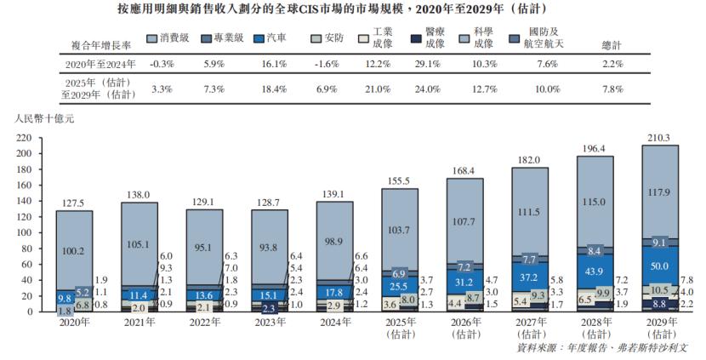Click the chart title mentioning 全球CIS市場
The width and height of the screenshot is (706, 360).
click(x=352, y=9)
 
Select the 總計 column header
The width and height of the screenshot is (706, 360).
click(x=612, y=45)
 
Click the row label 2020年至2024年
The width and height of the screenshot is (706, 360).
click(x=101, y=64)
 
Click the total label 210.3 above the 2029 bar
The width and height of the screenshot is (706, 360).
click(x=659, y=137)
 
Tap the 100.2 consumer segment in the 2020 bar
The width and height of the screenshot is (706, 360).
click(x=74, y=250)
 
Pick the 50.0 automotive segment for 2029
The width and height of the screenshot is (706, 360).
click(x=659, y=266)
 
